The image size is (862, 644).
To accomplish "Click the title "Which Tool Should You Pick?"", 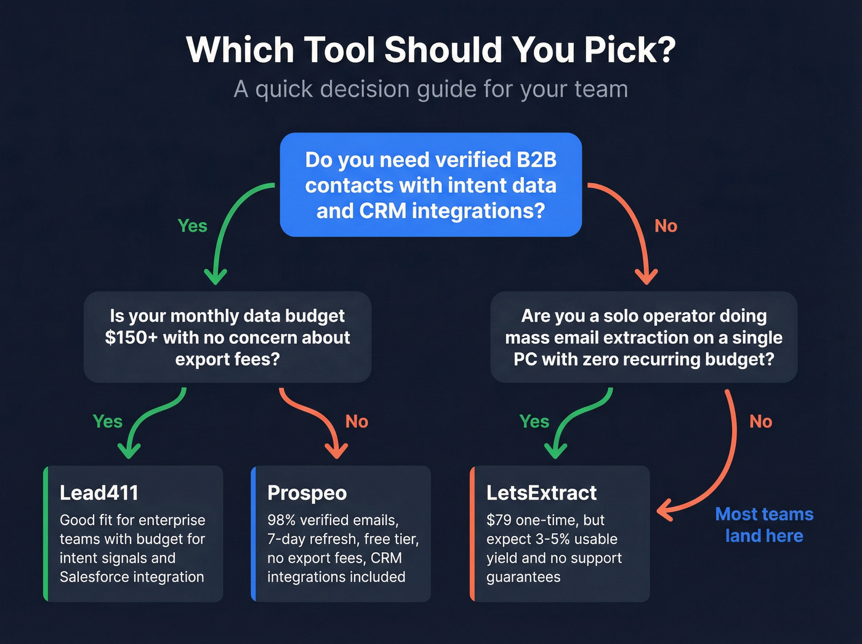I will click(431, 49).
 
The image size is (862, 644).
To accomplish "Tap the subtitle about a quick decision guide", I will click(431, 89).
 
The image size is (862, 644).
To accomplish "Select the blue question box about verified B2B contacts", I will click(431, 185).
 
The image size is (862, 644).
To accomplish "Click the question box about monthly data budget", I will click(227, 337).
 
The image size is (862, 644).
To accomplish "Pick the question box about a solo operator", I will click(643, 337).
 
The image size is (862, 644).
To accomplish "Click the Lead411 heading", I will click(99, 493).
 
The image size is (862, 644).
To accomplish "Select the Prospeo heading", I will click(307, 493).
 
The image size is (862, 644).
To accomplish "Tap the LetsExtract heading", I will click(541, 493).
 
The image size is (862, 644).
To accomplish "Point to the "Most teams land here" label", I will click(764, 525).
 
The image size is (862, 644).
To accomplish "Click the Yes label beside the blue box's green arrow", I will click(192, 226).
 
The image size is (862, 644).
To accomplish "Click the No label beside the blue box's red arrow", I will click(666, 226).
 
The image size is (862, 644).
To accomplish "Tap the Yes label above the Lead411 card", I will click(107, 422).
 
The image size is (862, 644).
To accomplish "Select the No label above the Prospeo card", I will click(356, 422).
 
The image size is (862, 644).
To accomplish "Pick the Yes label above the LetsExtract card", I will click(534, 422).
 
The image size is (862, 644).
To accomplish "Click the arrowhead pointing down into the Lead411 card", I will click(129, 452).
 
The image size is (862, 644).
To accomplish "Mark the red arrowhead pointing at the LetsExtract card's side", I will click(664, 511).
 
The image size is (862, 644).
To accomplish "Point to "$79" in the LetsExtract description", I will click(499, 520).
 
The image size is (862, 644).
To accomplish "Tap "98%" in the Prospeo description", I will click(281, 520).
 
